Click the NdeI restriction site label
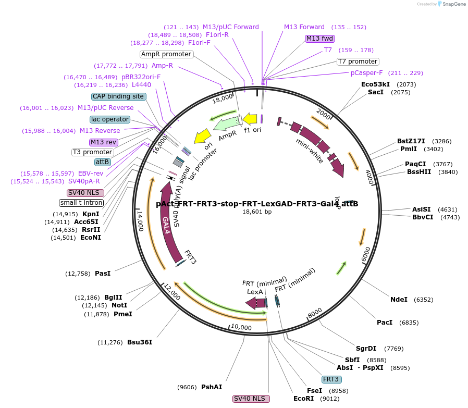pyautogui.click(x=399, y=300)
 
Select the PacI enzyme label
pyautogui.click(x=385, y=323)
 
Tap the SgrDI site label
pyautogui.click(x=365, y=349)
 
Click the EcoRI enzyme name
pyautogui.click(x=303, y=399)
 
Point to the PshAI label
pyautogui.click(x=212, y=387)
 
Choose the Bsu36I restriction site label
pyautogui.click(x=140, y=342)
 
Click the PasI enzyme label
pyautogui.click(x=103, y=273)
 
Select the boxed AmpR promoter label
pyautogui.click(x=166, y=54)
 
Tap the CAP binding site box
pyautogui.click(x=118, y=96)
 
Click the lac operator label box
pyautogui.click(x=110, y=119)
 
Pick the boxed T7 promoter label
pyautogui.click(x=358, y=61)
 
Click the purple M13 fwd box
pyautogui.click(x=320, y=39)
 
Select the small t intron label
pyautogui.click(x=81, y=203)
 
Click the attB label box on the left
pyautogui.click(x=103, y=162)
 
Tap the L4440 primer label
pyautogui.click(x=141, y=85)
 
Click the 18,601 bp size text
pyautogui.click(x=257, y=212)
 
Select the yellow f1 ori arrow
pyautogui.click(x=250, y=119)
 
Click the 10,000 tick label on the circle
pyautogui.click(x=241, y=327)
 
